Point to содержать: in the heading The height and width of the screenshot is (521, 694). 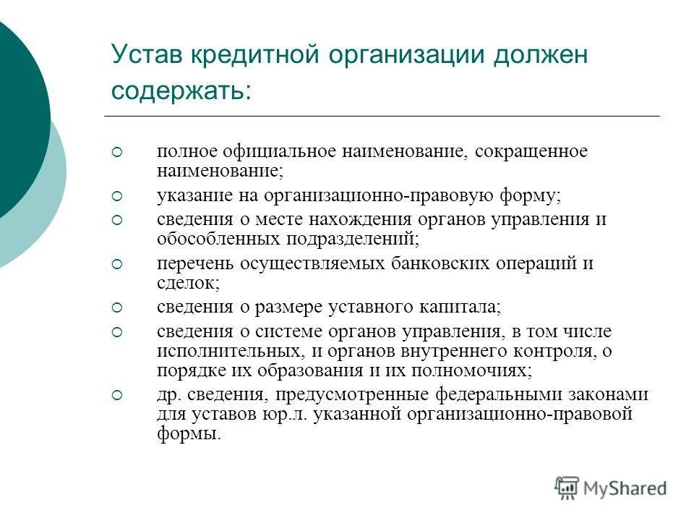click(x=181, y=91)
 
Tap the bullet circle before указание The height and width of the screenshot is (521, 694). click(x=118, y=196)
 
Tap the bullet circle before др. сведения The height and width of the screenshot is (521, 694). click(x=118, y=395)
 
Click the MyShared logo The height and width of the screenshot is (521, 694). click(x=611, y=488)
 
